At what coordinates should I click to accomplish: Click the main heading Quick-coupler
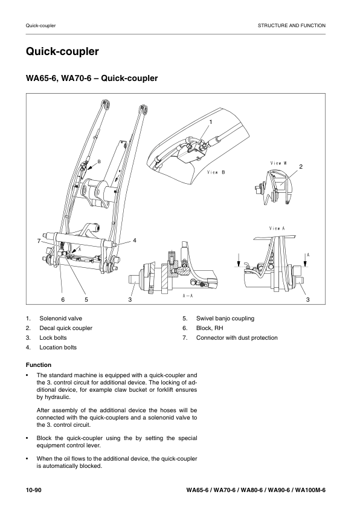point(62,51)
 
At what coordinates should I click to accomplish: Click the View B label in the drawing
point(216,172)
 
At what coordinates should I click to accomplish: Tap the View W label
point(278,163)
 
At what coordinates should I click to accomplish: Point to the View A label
point(277,229)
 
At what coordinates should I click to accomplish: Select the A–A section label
point(188,296)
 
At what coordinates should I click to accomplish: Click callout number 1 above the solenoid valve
point(210,122)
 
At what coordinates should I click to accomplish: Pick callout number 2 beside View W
point(301,166)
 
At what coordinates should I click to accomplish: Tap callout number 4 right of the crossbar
point(135,241)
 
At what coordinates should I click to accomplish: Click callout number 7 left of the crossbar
point(39,241)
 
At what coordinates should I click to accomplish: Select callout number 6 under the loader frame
point(63,300)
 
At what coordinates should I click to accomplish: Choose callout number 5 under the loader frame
point(86,300)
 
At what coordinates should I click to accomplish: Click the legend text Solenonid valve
point(60,319)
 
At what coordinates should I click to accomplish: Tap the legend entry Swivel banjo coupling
point(225,319)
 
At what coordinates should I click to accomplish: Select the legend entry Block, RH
point(210,328)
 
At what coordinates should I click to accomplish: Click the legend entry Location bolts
point(58,348)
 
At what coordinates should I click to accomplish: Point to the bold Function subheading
point(39,365)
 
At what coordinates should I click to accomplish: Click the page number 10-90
point(34,490)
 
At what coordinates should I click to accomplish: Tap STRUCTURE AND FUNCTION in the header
point(292,25)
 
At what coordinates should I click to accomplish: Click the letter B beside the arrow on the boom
point(99,161)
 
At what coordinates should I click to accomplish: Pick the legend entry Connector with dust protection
point(237,337)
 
